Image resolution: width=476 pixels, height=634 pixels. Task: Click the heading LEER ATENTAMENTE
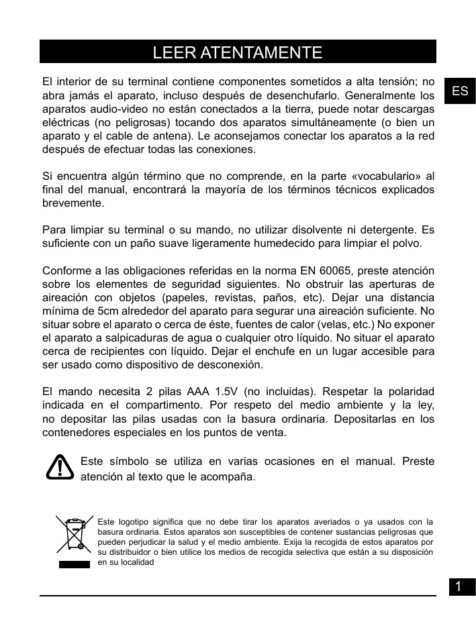tap(238, 52)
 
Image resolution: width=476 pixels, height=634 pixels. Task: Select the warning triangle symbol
tap(60, 467)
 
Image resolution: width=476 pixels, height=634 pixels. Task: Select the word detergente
tap(378, 230)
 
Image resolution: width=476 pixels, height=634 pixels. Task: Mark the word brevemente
tap(73, 203)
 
